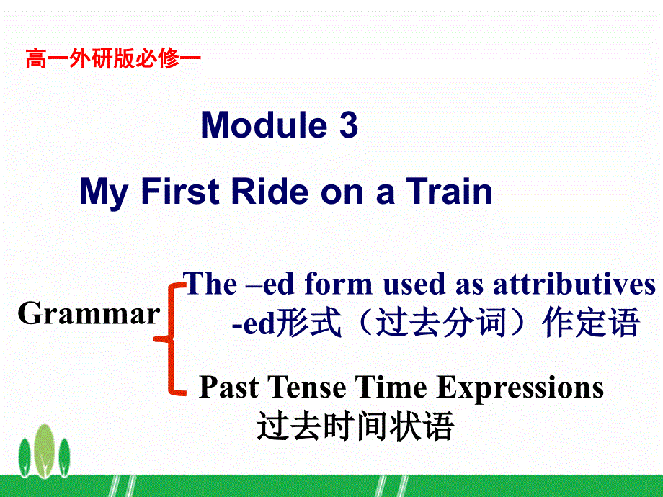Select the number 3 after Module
coord(347,125)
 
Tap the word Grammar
coord(89,314)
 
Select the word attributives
coord(574,285)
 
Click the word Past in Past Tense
coord(228,388)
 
